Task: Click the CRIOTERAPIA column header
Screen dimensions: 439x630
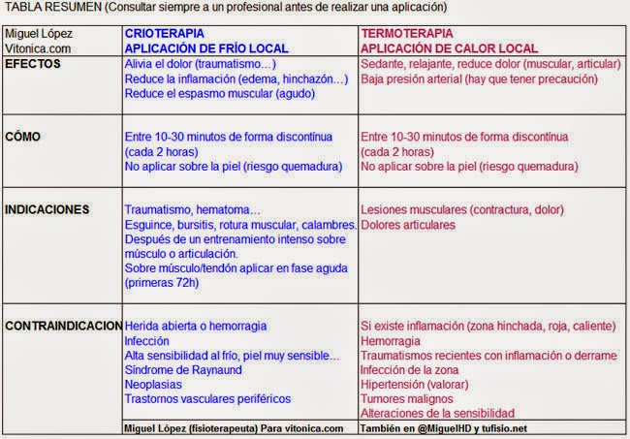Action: [x=164, y=32]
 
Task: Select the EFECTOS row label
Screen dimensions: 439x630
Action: [x=34, y=63]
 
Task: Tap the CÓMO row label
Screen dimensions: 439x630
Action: [x=23, y=137]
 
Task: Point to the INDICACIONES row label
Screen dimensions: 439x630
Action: [x=47, y=208]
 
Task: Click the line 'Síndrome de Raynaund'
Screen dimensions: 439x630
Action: [x=184, y=369]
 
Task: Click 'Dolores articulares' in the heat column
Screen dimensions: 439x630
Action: [x=407, y=224]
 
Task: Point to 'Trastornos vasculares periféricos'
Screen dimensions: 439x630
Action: [x=207, y=398]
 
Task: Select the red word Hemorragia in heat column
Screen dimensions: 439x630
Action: [x=390, y=340]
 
